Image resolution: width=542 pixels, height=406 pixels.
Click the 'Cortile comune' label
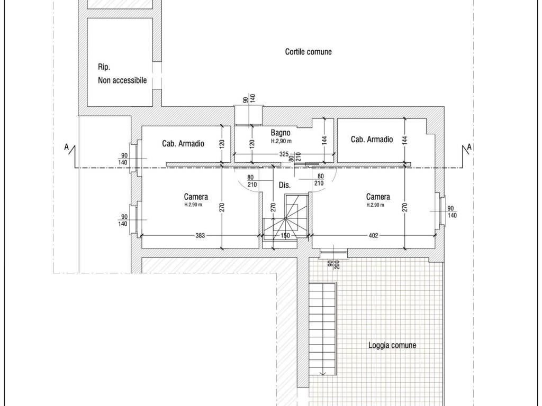(308, 52)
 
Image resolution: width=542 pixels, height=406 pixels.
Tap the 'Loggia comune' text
(392, 345)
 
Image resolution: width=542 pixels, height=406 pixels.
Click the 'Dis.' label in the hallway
(284, 186)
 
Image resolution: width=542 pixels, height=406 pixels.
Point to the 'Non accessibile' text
(122, 81)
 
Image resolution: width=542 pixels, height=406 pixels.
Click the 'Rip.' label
(104, 67)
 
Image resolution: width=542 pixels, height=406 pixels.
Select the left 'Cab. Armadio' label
(183, 143)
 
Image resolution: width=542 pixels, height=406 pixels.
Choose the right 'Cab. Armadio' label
(372, 140)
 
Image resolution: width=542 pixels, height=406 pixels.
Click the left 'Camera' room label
(196, 197)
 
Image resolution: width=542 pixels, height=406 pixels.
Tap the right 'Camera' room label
(378, 197)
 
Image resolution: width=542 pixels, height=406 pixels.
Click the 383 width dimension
(200, 236)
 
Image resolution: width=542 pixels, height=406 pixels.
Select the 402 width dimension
(373, 236)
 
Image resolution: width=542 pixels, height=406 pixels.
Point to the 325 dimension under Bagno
(284, 154)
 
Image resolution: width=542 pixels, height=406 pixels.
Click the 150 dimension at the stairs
(285, 236)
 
